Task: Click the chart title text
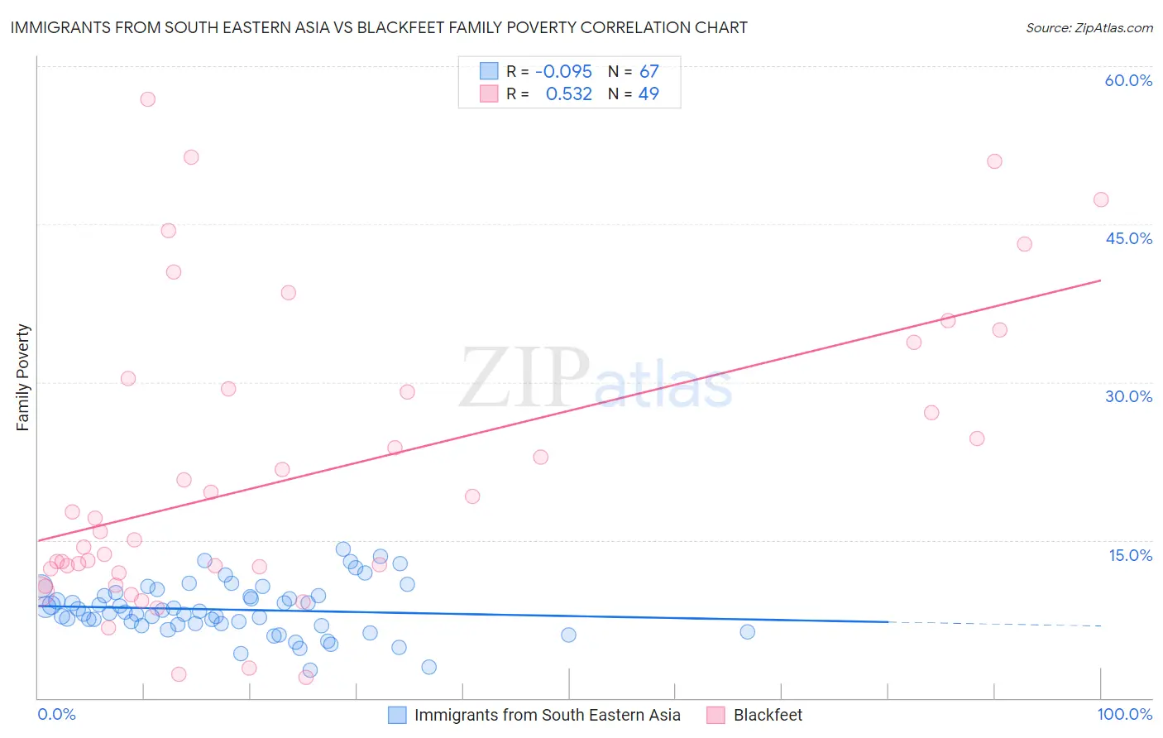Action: [379, 28]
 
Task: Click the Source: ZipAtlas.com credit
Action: [1089, 28]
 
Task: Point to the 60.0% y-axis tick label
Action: [1128, 80]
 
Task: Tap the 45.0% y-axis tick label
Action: [1128, 238]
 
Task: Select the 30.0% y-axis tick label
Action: [1128, 396]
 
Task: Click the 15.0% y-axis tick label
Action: [1130, 555]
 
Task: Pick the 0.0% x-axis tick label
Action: [56, 714]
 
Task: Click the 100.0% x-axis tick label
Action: [1125, 714]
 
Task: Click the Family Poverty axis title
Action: [23, 377]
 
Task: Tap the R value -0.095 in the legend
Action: [563, 72]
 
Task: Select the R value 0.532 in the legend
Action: [568, 94]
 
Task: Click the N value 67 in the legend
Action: [649, 72]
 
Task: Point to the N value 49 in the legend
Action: [649, 94]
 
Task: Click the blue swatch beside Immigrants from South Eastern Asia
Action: [397, 715]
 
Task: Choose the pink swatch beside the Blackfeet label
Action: [716, 715]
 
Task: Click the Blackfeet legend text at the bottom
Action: [768, 715]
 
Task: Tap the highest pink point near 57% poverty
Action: [148, 99]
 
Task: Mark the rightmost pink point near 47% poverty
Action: [1101, 199]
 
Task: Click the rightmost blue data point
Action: [748, 632]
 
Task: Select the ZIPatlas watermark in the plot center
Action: [596, 378]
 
